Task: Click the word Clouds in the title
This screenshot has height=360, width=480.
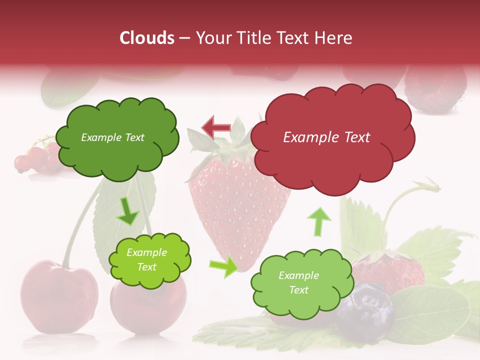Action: point(146,38)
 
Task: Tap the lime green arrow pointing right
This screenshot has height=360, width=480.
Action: point(224,266)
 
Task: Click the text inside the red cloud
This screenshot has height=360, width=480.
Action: point(326,137)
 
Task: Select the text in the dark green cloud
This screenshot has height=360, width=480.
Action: point(112,137)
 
